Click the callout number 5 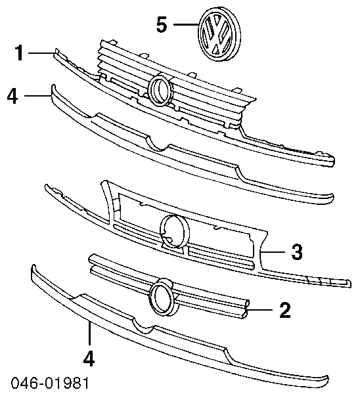pyautogui.click(x=162, y=25)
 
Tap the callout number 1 pyautogui.click(x=19, y=53)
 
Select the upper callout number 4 pyautogui.click(x=12, y=95)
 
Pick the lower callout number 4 pyautogui.click(x=89, y=358)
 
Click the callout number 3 pyautogui.click(x=297, y=252)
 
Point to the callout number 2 pyautogui.click(x=285, y=310)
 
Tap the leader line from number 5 pyautogui.click(x=187, y=24)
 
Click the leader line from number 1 pyautogui.click(x=41, y=53)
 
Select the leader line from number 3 pyautogui.click(x=273, y=252)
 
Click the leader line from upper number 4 pyautogui.click(x=37, y=95)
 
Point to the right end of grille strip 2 pyautogui.click(x=246, y=309)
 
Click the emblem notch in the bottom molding pyautogui.click(x=144, y=326)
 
